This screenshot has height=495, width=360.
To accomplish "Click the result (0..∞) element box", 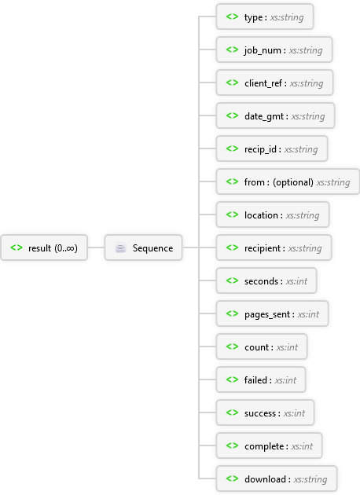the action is [x=44, y=247].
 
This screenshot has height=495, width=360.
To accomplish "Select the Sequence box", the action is [x=143, y=247].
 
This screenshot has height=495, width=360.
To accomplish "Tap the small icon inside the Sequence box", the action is [x=120, y=247].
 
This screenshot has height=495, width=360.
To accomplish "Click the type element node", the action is [x=265, y=16].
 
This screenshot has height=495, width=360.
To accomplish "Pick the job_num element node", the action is [x=274, y=49].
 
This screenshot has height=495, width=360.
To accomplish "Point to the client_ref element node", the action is [x=274, y=82].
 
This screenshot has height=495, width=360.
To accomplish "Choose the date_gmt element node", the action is [x=275, y=115].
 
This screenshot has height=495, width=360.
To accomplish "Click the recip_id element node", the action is [x=272, y=148].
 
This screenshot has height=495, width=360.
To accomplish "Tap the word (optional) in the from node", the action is [x=293, y=182].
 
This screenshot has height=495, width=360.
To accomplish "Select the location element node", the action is [x=273, y=214].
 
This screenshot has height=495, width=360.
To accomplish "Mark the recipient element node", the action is [x=274, y=247].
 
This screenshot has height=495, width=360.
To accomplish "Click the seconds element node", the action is [x=266, y=280].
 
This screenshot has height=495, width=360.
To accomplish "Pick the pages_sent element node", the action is [x=272, y=313].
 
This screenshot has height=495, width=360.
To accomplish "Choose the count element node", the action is [x=262, y=346].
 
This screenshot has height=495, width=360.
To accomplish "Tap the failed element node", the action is [x=261, y=379].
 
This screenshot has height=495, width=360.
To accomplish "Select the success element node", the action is [x=265, y=412].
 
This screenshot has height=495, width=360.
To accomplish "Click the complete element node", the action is [x=269, y=445].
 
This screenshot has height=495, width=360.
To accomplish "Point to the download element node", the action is [x=277, y=478].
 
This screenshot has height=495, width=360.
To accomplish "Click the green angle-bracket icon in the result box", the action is [x=17, y=247].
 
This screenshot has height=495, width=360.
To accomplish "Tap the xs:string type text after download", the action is [x=310, y=479].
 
